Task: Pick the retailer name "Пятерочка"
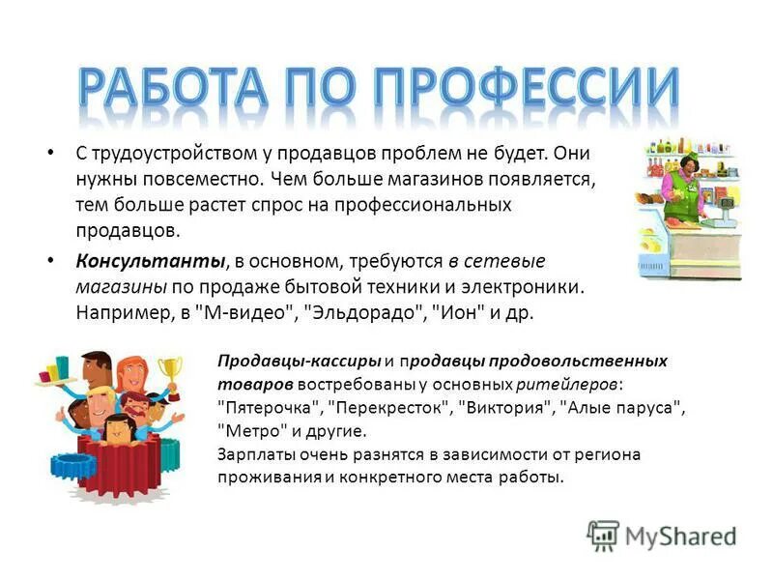point(270,407)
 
